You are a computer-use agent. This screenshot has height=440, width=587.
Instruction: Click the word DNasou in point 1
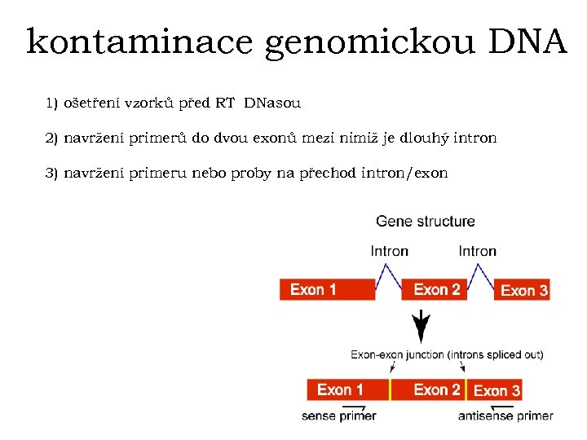[272, 103]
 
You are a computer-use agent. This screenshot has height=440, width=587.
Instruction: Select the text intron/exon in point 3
[404, 174]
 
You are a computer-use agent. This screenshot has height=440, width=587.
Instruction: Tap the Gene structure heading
[425, 221]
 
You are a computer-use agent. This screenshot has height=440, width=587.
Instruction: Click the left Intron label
[389, 251]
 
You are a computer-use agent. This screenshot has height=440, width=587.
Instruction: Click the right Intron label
[477, 251]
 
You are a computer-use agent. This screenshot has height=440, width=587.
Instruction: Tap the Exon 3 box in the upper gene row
[523, 290]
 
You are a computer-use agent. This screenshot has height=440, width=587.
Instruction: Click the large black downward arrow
[421, 325]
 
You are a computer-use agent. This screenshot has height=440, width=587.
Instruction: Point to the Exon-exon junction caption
[447, 354]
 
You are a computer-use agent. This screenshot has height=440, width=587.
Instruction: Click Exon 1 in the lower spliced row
[342, 389]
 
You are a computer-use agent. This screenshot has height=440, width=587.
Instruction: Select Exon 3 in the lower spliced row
[496, 390]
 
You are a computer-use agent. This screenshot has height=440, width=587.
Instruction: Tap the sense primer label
[338, 416]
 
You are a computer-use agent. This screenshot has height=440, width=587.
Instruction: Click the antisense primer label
[505, 416]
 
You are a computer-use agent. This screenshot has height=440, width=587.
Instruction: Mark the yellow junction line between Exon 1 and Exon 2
[391, 389]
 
